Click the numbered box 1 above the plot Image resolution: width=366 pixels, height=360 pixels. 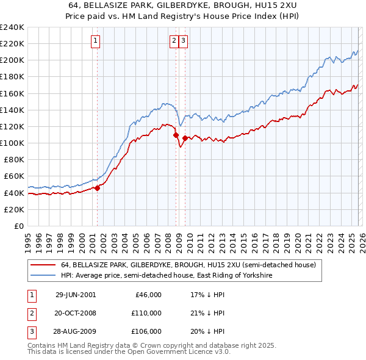coord(96,41)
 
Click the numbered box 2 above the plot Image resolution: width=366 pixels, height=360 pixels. coord(174,41)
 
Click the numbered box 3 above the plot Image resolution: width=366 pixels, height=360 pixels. coord(183,41)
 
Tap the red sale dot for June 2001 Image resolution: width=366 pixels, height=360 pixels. coord(98,188)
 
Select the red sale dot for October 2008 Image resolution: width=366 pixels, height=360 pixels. coord(176,135)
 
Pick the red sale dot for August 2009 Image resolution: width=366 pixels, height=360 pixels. coord(185,138)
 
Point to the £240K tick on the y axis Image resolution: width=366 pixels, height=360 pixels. coord(12,27)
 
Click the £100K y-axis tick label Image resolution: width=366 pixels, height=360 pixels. coord(12,143)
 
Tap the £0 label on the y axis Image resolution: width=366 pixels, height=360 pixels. coord(19,226)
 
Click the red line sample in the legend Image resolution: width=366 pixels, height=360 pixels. coord(43,265)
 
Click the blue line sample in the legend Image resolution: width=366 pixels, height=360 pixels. coord(43,276)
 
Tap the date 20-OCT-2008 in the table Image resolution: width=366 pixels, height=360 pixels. coord(76,313)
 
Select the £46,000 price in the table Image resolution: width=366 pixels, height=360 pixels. coord(147,295)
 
